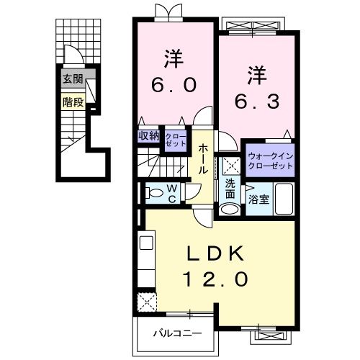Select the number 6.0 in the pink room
[174, 85]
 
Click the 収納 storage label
[149, 135]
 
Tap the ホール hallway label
[204, 159]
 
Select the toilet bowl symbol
[153, 192]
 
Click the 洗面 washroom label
[230, 188]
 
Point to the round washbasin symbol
[229, 210]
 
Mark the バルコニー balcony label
[176, 333]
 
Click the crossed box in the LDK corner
[147, 301]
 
